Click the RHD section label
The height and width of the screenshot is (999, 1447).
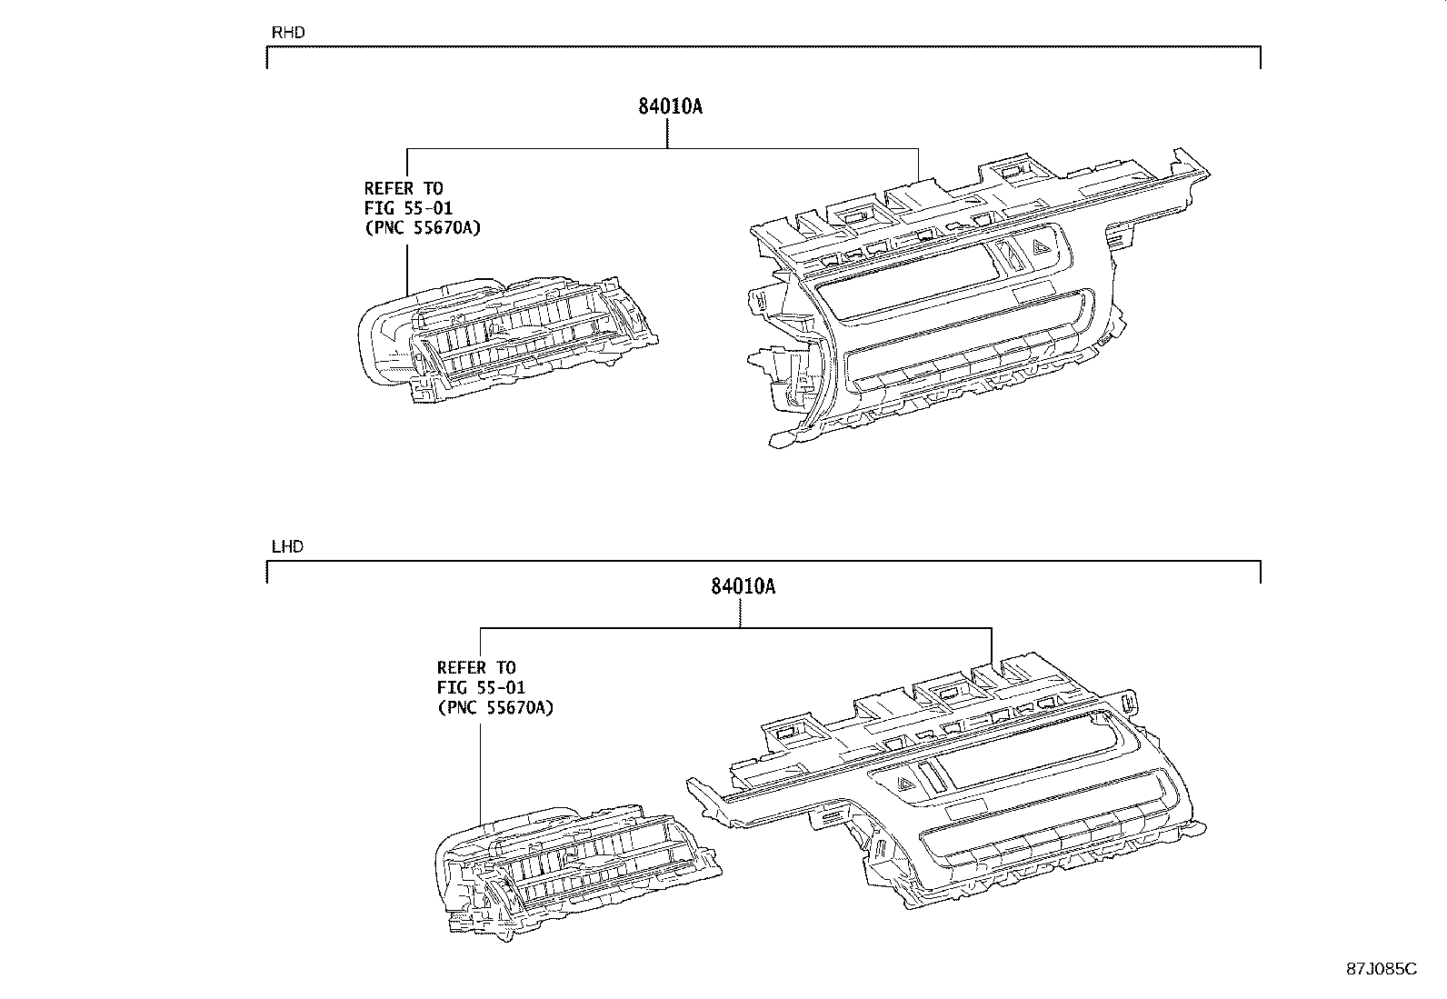[288, 33]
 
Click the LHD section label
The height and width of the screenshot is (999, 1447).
[287, 547]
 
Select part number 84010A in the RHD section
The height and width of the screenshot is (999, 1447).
[670, 106]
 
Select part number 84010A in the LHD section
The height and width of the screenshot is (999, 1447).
[743, 587]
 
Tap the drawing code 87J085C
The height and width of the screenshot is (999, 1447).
[1382, 968]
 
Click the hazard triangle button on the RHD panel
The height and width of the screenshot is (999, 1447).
[1043, 243]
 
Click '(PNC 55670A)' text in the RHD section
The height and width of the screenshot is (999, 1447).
[422, 227]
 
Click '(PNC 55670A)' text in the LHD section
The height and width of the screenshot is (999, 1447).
[494, 707]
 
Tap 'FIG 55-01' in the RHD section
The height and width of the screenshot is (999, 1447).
[408, 208]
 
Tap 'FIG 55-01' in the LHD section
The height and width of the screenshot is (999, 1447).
[481, 688]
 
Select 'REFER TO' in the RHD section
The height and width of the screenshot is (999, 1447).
[404, 188]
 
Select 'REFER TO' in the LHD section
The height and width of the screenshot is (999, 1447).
[476, 668]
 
